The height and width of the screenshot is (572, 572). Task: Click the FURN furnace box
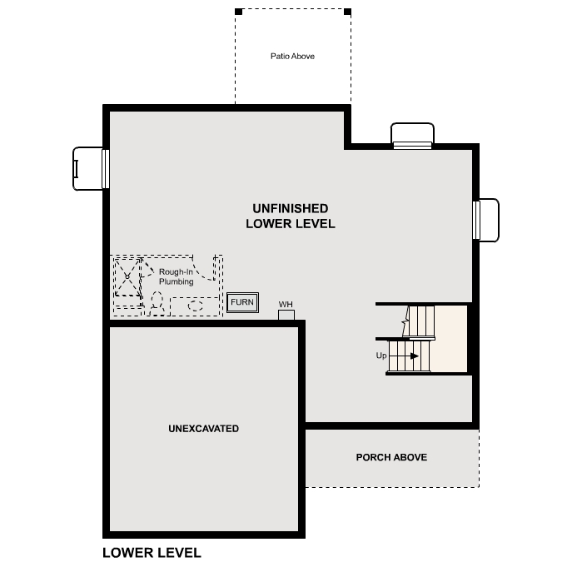[243, 302]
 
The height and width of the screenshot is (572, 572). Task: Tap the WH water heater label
[286, 304]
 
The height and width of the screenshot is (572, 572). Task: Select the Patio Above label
[292, 57]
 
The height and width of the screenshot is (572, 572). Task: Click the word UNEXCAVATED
[203, 429]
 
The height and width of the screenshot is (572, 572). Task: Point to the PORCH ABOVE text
[391, 457]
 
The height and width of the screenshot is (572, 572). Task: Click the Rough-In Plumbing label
[176, 276]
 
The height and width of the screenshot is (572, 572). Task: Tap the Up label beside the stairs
[381, 356]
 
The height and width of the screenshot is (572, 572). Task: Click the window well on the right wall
[487, 220]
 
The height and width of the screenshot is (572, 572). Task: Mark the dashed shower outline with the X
[127, 276]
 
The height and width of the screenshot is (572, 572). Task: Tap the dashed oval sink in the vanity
[196, 306]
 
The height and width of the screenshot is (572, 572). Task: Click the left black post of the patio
[238, 12]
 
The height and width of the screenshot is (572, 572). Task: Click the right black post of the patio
[347, 12]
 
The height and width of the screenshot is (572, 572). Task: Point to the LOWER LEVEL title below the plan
[152, 553]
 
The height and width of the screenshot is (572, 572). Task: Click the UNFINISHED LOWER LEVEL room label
[290, 216]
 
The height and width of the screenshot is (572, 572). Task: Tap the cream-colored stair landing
[450, 338]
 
